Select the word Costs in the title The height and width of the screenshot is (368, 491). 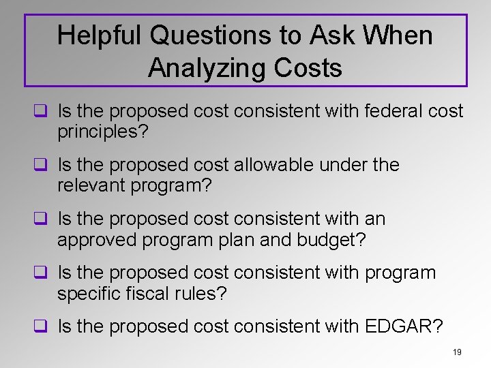[x=306, y=67]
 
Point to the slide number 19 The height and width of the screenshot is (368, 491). [x=457, y=352]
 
